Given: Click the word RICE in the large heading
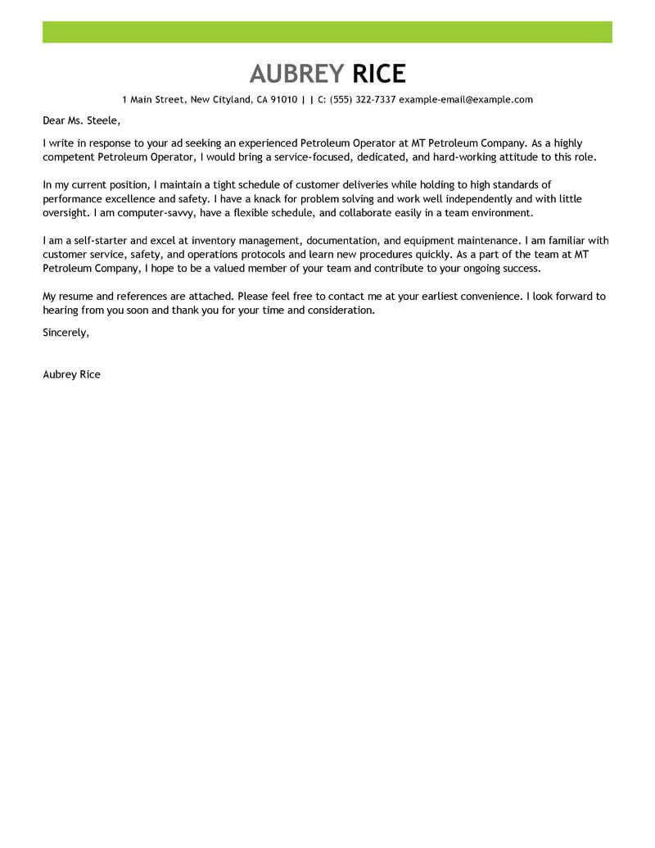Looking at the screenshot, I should pyautogui.click(x=379, y=74).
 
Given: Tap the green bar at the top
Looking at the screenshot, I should pyautogui.click(x=327, y=32).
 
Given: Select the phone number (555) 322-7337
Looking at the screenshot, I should pyautogui.click(x=363, y=100).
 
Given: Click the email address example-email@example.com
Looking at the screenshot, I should pyautogui.click(x=466, y=100).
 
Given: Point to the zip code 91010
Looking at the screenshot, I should pyautogui.click(x=283, y=100).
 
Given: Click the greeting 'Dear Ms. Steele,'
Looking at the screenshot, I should pyautogui.click(x=80, y=120).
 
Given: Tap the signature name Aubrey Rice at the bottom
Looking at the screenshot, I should pyautogui.click(x=71, y=374).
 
